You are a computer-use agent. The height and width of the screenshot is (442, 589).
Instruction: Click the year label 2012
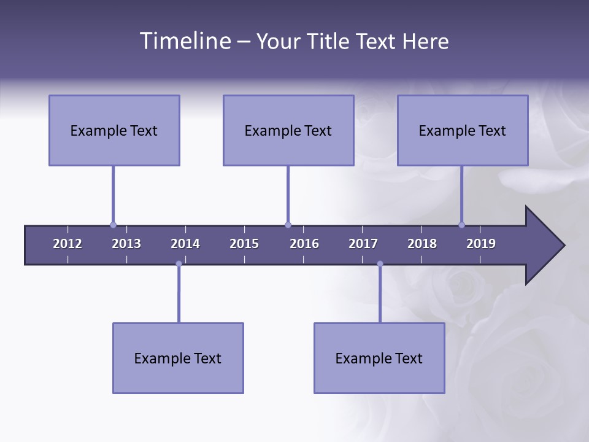[67, 244]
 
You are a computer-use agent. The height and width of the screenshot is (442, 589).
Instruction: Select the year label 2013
[126, 244]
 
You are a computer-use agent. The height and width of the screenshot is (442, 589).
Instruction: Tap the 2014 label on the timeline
[185, 244]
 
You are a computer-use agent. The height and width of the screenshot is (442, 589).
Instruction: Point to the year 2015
[244, 244]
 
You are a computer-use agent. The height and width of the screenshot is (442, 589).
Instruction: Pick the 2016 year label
[304, 244]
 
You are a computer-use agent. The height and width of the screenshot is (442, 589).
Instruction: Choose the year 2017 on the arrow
[363, 244]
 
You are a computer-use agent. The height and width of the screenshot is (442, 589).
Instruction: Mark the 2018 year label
[422, 244]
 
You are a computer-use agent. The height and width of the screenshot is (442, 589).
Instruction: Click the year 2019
[481, 244]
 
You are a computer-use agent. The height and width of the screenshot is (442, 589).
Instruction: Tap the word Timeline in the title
[184, 41]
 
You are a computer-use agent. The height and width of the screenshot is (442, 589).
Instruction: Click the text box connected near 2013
[114, 130]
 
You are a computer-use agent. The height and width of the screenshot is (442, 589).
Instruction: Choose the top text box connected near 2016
[288, 130]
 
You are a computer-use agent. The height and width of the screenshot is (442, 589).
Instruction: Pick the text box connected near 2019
[463, 130]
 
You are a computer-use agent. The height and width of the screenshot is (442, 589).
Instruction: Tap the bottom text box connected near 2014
[178, 358]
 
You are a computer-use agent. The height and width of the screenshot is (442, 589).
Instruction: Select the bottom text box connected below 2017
[379, 358]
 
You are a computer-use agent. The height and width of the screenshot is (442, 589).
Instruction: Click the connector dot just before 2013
[113, 225]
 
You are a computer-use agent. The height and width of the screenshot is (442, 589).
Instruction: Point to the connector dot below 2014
[179, 264]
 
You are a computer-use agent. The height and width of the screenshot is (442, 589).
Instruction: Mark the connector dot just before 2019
[461, 225]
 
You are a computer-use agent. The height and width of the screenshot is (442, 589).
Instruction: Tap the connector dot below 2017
[380, 264]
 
